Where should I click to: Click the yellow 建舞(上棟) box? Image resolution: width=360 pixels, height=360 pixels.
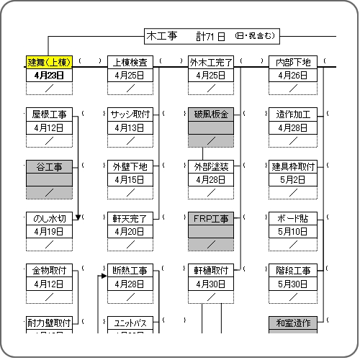tap(49, 63)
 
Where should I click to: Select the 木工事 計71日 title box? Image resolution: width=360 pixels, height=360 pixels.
tap(212, 37)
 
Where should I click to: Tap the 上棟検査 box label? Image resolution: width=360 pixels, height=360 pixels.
tap(130, 63)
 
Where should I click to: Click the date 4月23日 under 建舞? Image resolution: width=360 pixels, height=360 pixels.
tap(49, 76)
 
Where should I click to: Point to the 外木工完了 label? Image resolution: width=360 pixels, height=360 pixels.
tap(211, 63)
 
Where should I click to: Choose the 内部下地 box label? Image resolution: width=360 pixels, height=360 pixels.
tap(293, 63)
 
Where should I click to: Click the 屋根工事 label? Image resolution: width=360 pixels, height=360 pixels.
tap(49, 114)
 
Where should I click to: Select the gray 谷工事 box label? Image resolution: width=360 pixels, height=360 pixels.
tap(49, 167)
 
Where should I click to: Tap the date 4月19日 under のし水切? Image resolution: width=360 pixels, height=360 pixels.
tap(49, 232)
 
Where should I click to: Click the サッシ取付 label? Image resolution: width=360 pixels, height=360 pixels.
tap(130, 114)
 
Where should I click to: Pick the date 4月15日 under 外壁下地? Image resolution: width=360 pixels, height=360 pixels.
tap(130, 179)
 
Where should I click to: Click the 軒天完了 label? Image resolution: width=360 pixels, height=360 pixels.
tap(130, 219)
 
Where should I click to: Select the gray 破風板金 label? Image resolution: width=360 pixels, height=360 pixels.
tap(211, 114)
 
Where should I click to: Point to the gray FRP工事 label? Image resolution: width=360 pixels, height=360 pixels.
tap(211, 219)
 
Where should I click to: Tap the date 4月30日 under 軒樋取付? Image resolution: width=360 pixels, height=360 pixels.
tap(211, 284)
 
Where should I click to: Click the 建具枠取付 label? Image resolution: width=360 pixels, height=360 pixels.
tap(293, 167)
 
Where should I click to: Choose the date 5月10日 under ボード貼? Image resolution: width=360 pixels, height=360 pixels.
tap(293, 232)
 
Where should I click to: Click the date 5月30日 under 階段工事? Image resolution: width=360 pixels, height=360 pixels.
tap(293, 284)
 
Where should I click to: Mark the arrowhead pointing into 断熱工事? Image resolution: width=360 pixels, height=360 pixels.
tap(104, 276)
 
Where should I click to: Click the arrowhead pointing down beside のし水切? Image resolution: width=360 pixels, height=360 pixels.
tap(78, 217)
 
